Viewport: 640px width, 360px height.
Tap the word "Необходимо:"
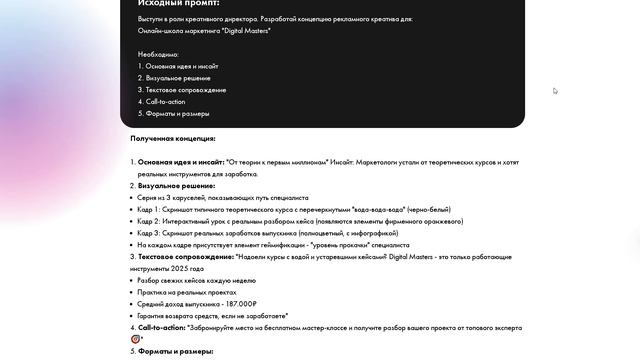(158, 54)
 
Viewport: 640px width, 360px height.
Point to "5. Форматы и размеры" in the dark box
(172, 114)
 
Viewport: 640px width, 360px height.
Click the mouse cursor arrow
(555, 91)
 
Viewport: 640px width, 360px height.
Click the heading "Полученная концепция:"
(173, 139)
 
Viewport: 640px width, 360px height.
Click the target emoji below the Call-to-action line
(136, 339)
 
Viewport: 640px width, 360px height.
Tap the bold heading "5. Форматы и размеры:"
(173, 352)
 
